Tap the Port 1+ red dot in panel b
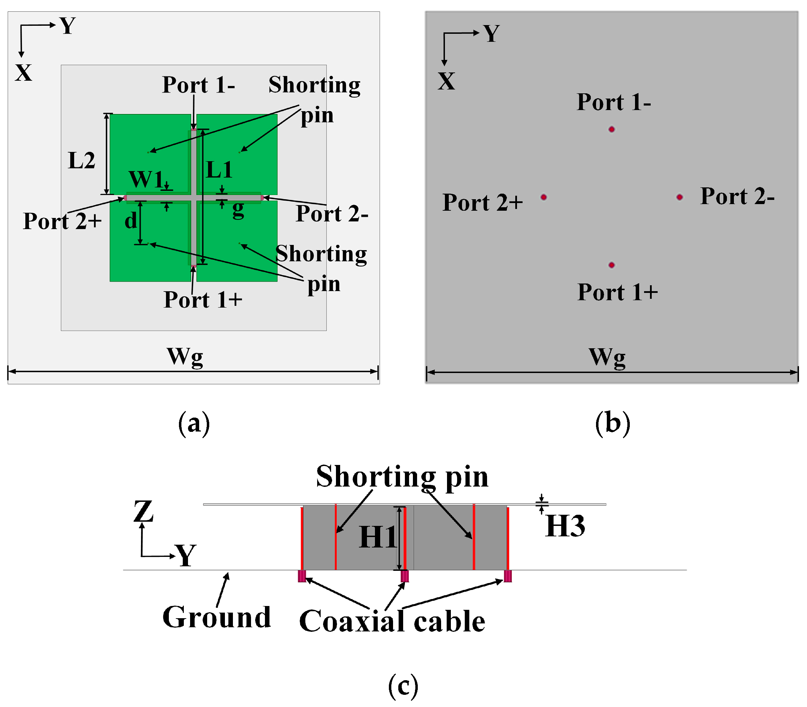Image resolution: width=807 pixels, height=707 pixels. click(x=611, y=265)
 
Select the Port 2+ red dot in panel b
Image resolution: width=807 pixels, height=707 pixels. click(x=543, y=197)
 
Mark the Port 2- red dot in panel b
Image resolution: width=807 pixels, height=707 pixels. click(x=679, y=197)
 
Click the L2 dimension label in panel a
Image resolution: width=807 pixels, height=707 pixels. click(x=81, y=161)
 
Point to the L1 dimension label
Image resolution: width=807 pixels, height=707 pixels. click(x=219, y=170)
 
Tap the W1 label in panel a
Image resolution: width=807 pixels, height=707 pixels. click(x=146, y=179)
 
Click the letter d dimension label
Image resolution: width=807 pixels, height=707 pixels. click(x=131, y=220)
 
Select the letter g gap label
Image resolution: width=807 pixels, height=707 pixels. click(x=238, y=209)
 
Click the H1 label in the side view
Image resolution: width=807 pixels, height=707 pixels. click(x=377, y=537)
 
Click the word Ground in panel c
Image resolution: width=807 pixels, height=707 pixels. click(x=217, y=617)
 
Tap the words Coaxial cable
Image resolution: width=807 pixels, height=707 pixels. click(x=392, y=621)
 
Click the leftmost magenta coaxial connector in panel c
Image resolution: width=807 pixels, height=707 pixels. click(x=302, y=576)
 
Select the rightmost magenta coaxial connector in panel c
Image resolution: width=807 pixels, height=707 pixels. click(x=508, y=576)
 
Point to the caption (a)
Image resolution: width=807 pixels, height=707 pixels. click(x=194, y=424)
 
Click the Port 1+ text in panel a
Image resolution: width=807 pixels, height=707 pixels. click(x=203, y=300)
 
